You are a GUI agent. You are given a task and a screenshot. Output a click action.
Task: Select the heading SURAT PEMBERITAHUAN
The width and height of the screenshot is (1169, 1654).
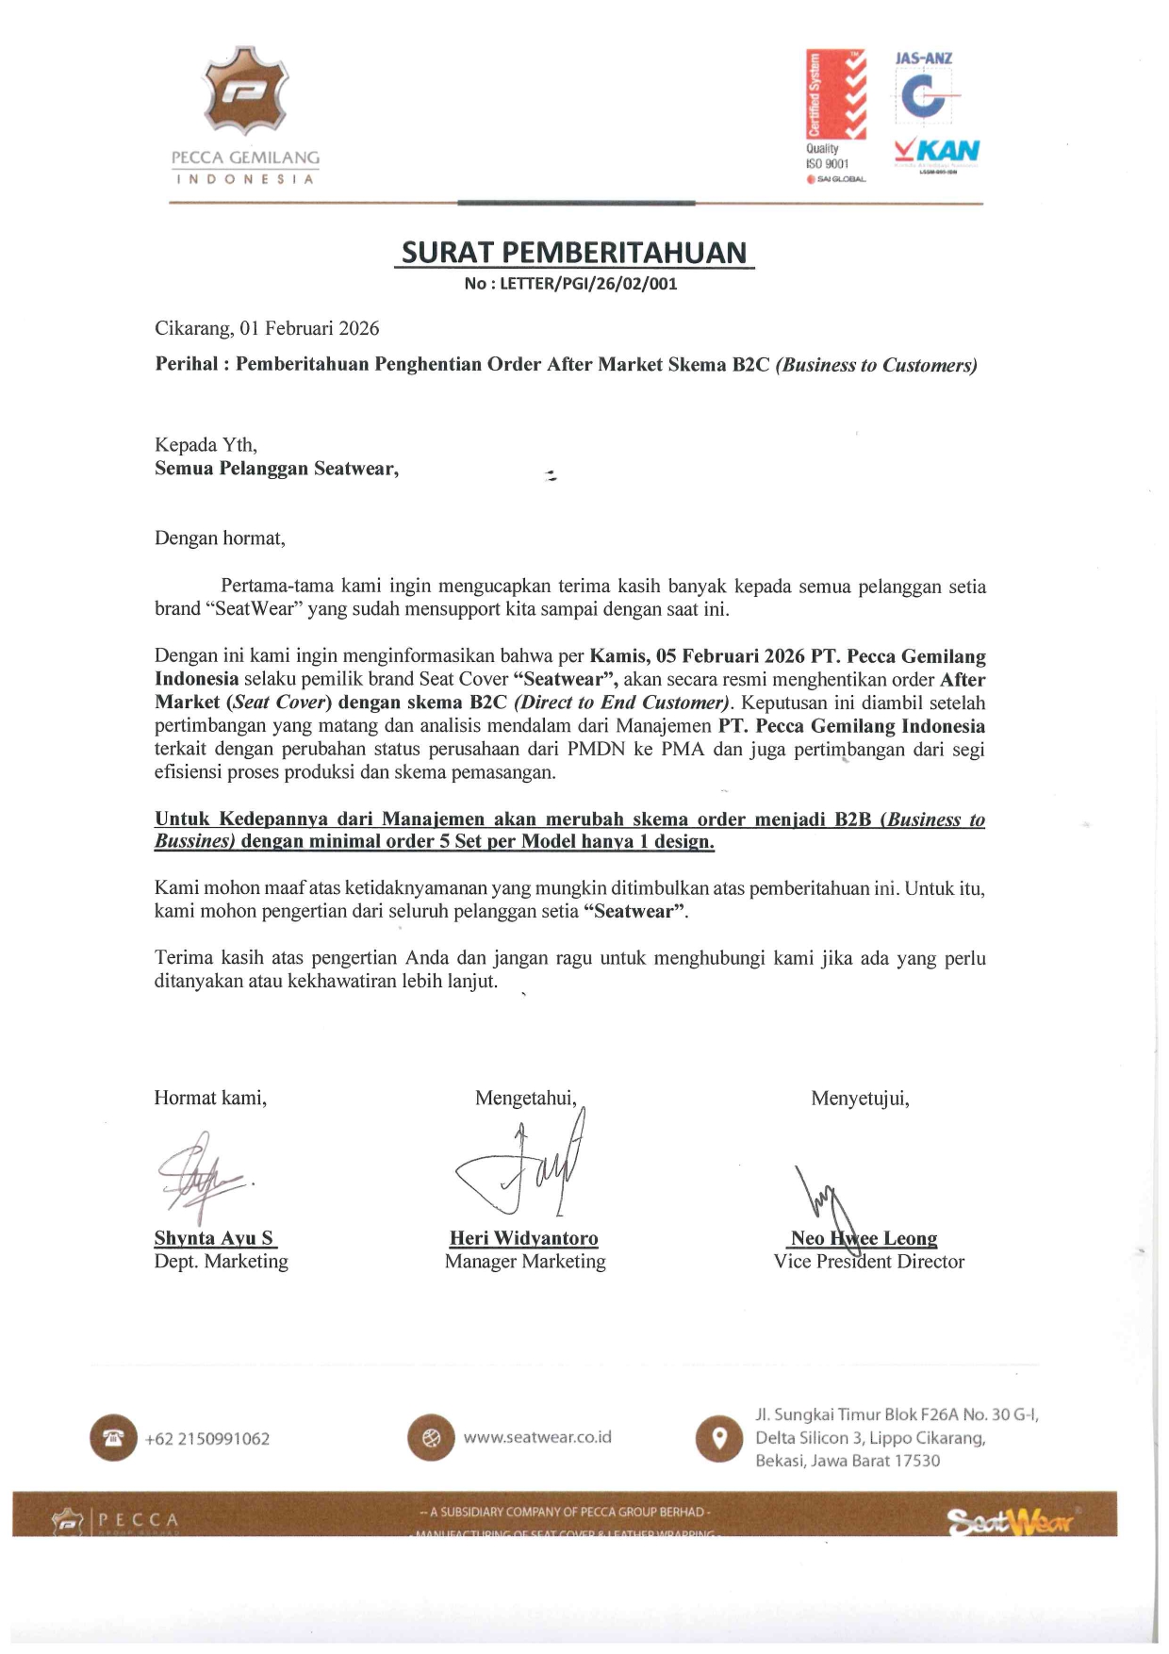click(x=574, y=253)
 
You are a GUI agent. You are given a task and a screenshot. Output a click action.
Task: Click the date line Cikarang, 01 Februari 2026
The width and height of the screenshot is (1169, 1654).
click(x=267, y=328)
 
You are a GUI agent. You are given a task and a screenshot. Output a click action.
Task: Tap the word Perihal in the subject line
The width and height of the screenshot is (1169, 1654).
click(x=187, y=364)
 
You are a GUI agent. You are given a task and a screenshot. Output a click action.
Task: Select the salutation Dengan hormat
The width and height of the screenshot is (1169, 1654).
click(x=220, y=538)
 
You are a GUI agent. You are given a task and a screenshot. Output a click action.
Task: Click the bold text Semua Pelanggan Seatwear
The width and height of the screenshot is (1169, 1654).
click(x=276, y=469)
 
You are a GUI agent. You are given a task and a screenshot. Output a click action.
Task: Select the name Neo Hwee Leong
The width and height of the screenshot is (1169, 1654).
click(x=864, y=1238)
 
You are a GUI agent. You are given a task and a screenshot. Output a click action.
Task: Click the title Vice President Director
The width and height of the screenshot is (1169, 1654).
click(x=868, y=1262)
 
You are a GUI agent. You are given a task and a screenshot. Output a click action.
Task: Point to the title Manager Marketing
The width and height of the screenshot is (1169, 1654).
click(x=525, y=1262)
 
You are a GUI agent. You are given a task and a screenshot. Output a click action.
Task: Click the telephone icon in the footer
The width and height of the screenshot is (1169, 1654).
click(x=113, y=1438)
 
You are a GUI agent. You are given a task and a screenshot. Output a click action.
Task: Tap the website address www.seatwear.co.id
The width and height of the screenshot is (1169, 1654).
click(x=537, y=1437)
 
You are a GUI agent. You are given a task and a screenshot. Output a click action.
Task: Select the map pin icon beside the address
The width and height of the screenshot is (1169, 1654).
click(x=719, y=1438)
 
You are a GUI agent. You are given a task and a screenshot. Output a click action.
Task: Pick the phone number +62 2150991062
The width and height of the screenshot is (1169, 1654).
click(x=207, y=1439)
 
